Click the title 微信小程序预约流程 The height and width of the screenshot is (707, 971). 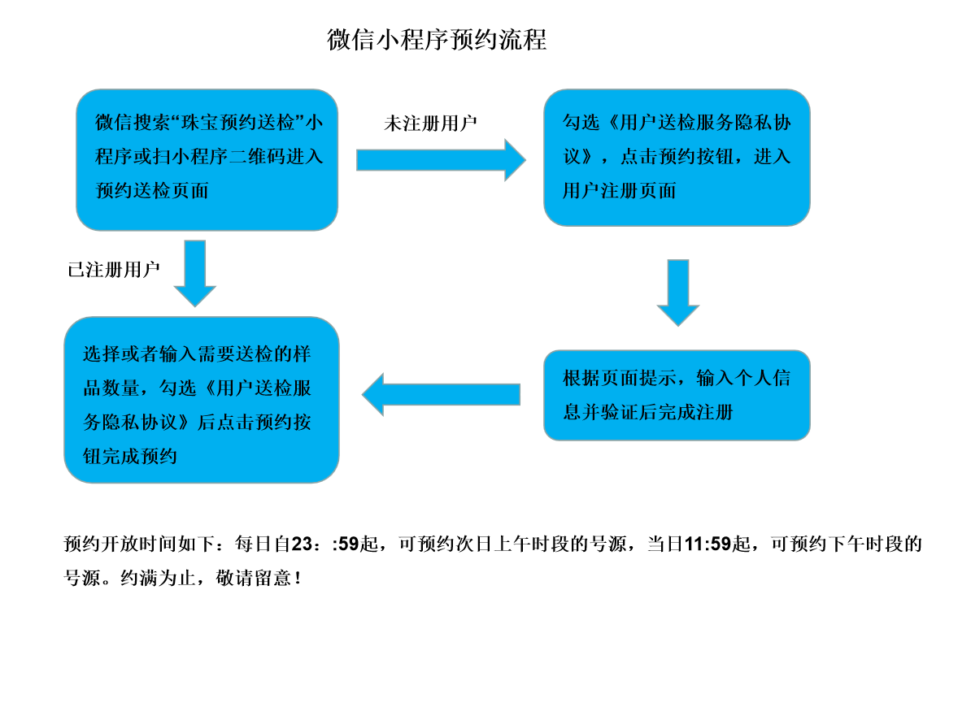coord(437,39)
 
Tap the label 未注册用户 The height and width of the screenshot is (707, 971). coord(430,124)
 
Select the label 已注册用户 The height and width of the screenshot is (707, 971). coord(114,271)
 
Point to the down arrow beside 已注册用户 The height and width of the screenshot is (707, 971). coord(195,272)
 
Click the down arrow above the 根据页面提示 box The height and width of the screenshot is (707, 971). coord(677,292)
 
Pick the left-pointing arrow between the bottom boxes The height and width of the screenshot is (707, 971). coord(441,394)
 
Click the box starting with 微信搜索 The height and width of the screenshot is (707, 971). coord(207,159)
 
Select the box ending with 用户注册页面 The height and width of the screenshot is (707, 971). coord(677,157)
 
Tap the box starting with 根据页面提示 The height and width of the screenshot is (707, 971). coord(677,395)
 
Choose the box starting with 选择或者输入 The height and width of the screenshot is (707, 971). coord(201,399)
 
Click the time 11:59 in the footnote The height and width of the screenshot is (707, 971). coord(708,544)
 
